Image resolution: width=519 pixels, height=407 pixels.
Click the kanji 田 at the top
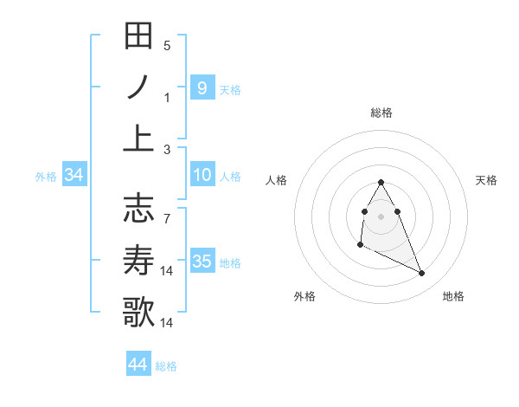click(x=138, y=37)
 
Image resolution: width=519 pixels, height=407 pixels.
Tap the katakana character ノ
click(x=138, y=87)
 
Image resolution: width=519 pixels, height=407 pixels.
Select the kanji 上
click(x=138, y=138)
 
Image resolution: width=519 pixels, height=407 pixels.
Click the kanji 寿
click(x=138, y=260)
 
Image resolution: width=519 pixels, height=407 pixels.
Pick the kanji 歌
click(x=138, y=311)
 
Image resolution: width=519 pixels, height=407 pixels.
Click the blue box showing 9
click(x=202, y=87)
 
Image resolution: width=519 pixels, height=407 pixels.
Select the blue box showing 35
click(x=202, y=262)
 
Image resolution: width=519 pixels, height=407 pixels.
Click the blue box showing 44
click(x=138, y=365)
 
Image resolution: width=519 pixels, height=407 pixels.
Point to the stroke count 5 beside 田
click(x=167, y=45)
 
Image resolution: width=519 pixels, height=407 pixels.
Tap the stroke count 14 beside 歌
click(x=168, y=323)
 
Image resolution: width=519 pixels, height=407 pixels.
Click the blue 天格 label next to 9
click(x=230, y=89)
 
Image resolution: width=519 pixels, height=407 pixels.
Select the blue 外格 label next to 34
click(x=46, y=177)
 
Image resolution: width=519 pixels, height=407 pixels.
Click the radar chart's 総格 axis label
click(x=381, y=113)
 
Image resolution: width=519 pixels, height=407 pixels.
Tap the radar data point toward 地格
click(x=422, y=274)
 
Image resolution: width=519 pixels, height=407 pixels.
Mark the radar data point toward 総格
click(x=381, y=182)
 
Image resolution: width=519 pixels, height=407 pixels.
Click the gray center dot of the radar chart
click(x=381, y=216)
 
